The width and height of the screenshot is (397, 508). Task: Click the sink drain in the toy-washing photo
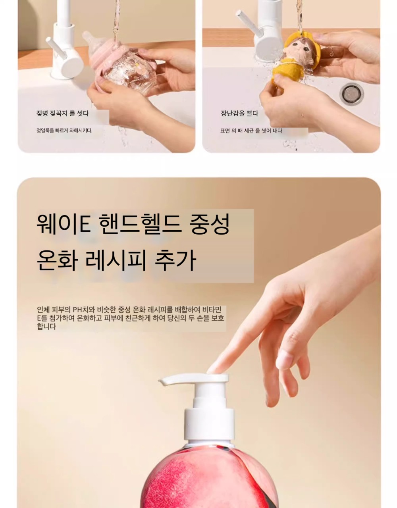351,94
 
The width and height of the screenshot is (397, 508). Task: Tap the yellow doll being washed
296,57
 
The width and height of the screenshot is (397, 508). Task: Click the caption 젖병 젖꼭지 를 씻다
62,114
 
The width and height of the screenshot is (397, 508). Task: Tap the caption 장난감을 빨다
239,114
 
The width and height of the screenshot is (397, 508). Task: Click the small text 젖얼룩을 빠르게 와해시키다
64,131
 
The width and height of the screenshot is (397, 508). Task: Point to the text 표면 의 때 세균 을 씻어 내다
251,131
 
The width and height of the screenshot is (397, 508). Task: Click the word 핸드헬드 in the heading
140,224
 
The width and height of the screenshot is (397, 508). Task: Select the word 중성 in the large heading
210,224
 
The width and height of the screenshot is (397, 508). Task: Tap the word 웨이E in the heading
64,224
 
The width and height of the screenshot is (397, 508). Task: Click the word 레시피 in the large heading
116,260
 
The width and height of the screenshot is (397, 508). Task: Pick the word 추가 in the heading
175,260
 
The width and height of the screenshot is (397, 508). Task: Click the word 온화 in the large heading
57,260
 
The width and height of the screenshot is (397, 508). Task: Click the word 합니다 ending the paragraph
46,326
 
